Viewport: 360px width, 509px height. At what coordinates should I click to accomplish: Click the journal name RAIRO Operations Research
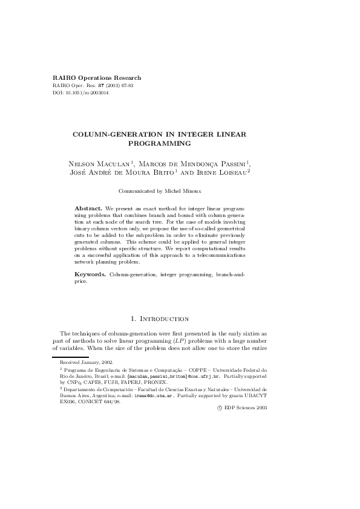(x=97, y=78)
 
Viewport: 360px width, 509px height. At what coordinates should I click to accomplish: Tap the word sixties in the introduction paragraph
(x=252, y=334)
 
